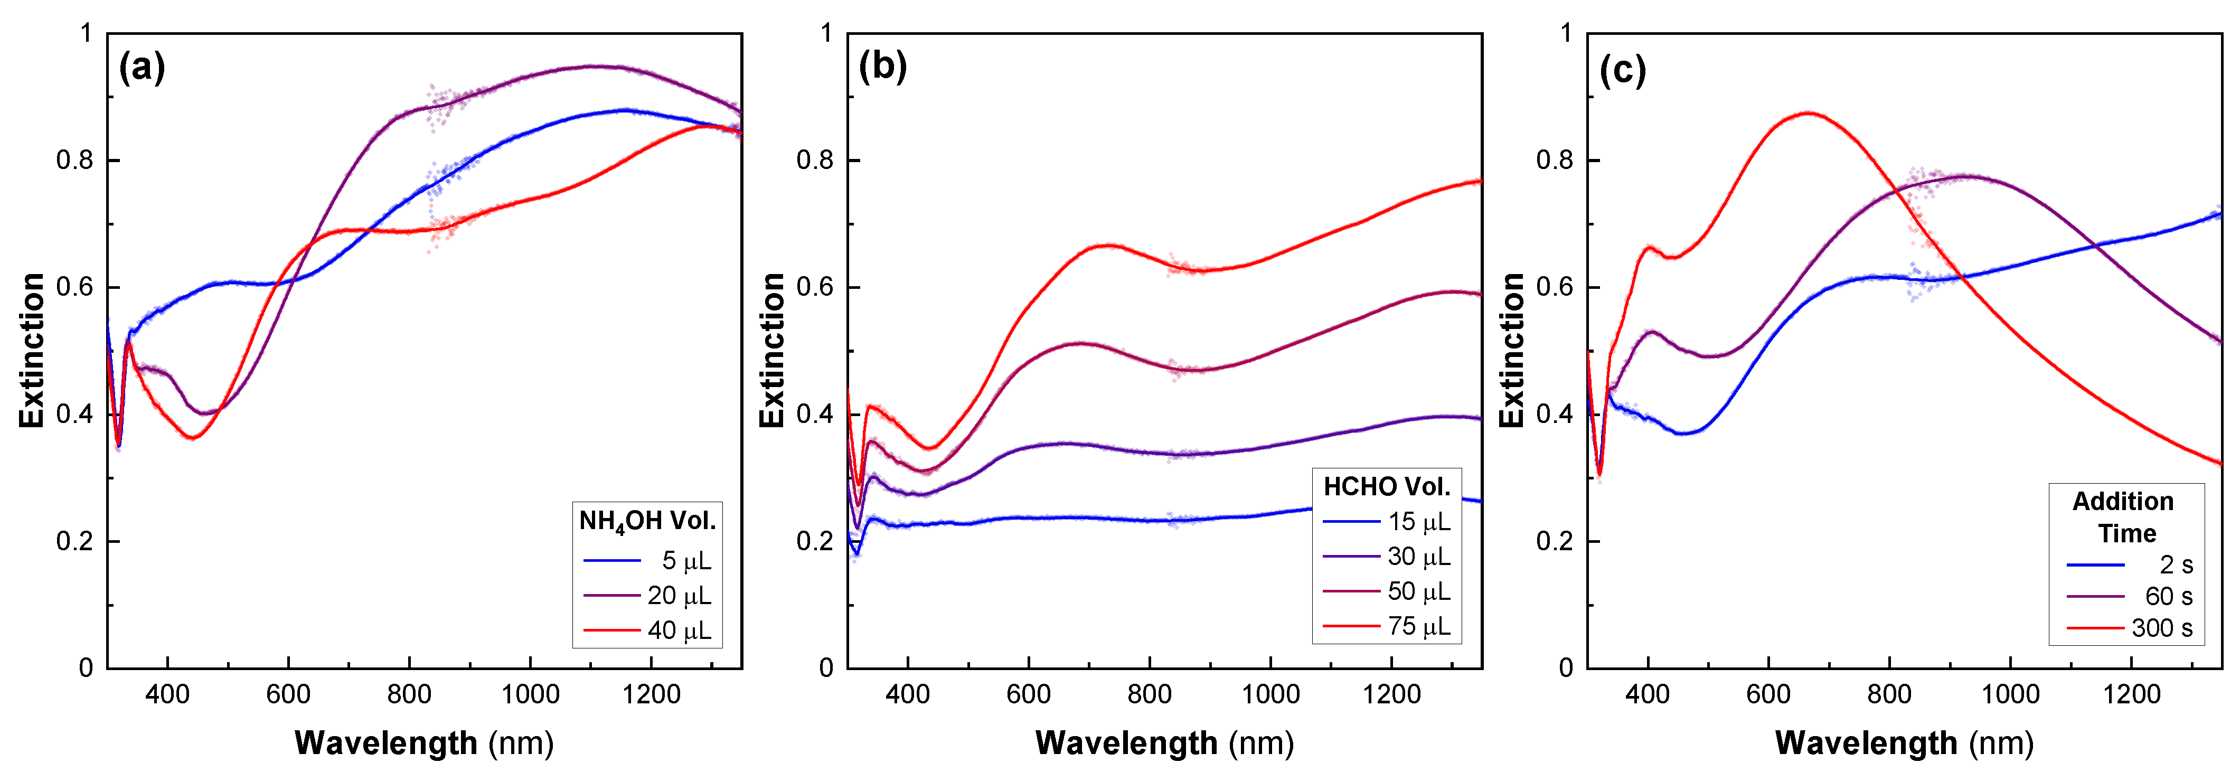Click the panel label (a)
[142, 67]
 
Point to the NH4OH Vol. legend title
[647, 522]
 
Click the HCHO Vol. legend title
[1387, 487]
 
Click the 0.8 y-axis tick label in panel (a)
[75, 161]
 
